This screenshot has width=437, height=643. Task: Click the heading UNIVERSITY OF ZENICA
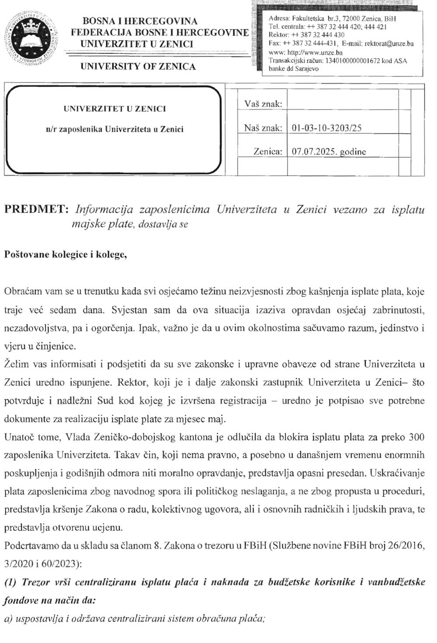(138, 67)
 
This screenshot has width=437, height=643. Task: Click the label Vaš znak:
(263, 104)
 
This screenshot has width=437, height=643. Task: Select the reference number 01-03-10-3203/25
(326, 128)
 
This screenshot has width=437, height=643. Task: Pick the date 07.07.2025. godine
(329, 152)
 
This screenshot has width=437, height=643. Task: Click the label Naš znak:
(263, 128)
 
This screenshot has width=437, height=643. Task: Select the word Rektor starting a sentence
(129, 382)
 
